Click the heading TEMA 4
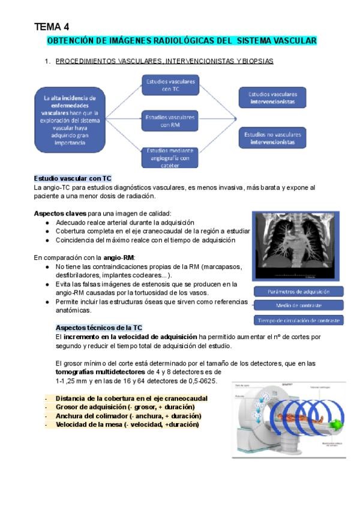[52, 26]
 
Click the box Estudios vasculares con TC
[171, 85]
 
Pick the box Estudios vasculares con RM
[171, 121]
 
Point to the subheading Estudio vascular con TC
[73, 179]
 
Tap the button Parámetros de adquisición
[298, 291]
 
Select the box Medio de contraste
[298, 306]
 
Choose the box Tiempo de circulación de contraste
[298, 320]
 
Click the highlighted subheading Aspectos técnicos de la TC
[98, 328]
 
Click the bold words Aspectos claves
[60, 213]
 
